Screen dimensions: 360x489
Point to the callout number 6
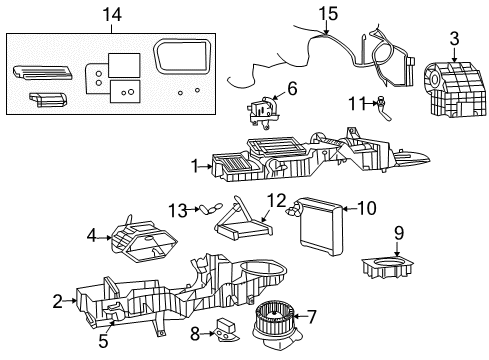click(x=292, y=88)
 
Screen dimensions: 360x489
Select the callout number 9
click(x=398, y=232)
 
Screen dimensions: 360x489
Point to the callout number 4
click(x=93, y=237)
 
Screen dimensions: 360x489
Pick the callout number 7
click(x=312, y=317)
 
